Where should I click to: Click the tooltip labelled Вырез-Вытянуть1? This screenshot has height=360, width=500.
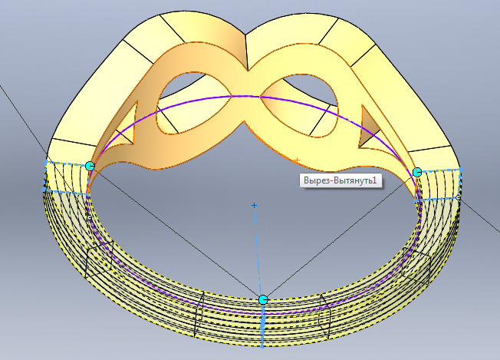coord(338,180)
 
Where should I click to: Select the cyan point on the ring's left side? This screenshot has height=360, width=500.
coord(90,166)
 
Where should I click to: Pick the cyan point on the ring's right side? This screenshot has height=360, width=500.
coord(417,172)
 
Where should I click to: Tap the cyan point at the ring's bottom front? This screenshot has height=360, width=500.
coord(263,299)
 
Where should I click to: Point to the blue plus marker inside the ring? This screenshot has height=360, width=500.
coord(255,206)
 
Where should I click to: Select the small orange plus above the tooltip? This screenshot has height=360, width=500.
coord(297,160)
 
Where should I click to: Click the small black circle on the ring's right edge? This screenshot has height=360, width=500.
coord(459,198)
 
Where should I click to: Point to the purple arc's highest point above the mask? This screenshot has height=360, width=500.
coord(245,96)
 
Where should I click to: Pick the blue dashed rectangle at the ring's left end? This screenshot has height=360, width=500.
coord(65,177)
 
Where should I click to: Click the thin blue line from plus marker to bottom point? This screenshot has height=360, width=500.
coord(258,253)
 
